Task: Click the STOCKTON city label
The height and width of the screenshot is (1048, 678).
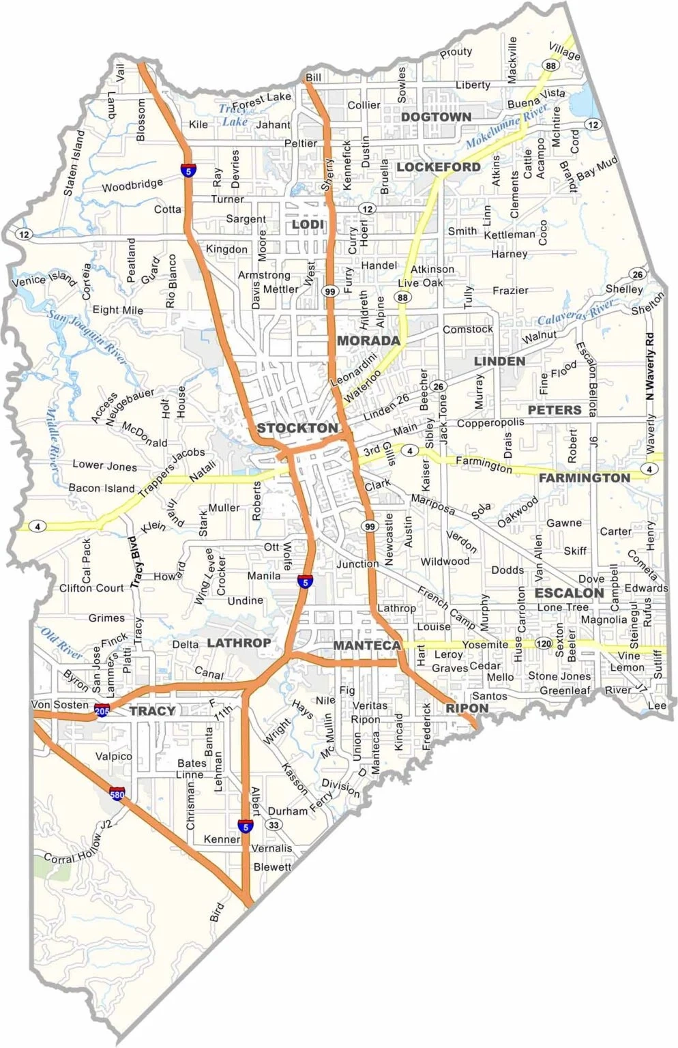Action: click(x=297, y=428)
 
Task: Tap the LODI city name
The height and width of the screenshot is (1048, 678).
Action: click(x=308, y=224)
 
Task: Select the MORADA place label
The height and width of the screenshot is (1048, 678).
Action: click(x=368, y=340)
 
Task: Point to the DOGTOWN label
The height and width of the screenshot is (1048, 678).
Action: click(x=436, y=117)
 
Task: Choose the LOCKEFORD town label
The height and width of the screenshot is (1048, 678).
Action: click(x=439, y=167)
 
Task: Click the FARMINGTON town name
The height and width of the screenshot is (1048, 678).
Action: click(x=585, y=478)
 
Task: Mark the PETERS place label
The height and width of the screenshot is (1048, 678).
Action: click(x=555, y=410)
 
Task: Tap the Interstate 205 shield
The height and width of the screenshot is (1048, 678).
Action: click(x=102, y=710)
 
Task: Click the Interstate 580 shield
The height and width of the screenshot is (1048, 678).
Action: click(x=117, y=794)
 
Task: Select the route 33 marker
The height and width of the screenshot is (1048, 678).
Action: click(x=274, y=825)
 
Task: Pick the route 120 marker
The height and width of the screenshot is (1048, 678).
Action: click(x=543, y=643)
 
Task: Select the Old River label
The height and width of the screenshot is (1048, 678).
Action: click(x=62, y=642)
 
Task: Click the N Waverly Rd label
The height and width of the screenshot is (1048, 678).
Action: click(x=650, y=366)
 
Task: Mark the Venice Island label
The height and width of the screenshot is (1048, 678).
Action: click(x=44, y=278)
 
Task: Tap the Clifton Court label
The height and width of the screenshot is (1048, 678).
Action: click(x=91, y=587)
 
